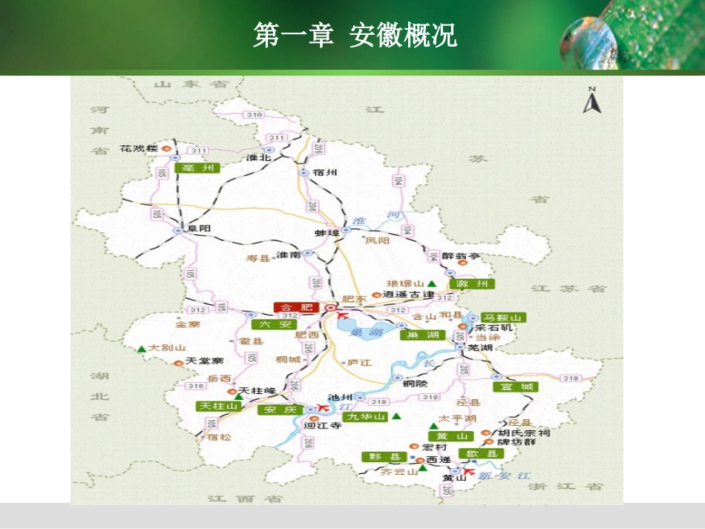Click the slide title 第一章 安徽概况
tap(355, 35)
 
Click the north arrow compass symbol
tap(591, 102)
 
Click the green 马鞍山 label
tap(503, 318)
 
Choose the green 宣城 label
tap(515, 387)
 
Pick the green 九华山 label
tap(367, 417)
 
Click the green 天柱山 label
tap(217, 407)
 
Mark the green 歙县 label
tap(479, 453)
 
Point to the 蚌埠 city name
tap(327, 233)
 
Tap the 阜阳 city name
tap(200, 229)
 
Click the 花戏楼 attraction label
tap(139, 148)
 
